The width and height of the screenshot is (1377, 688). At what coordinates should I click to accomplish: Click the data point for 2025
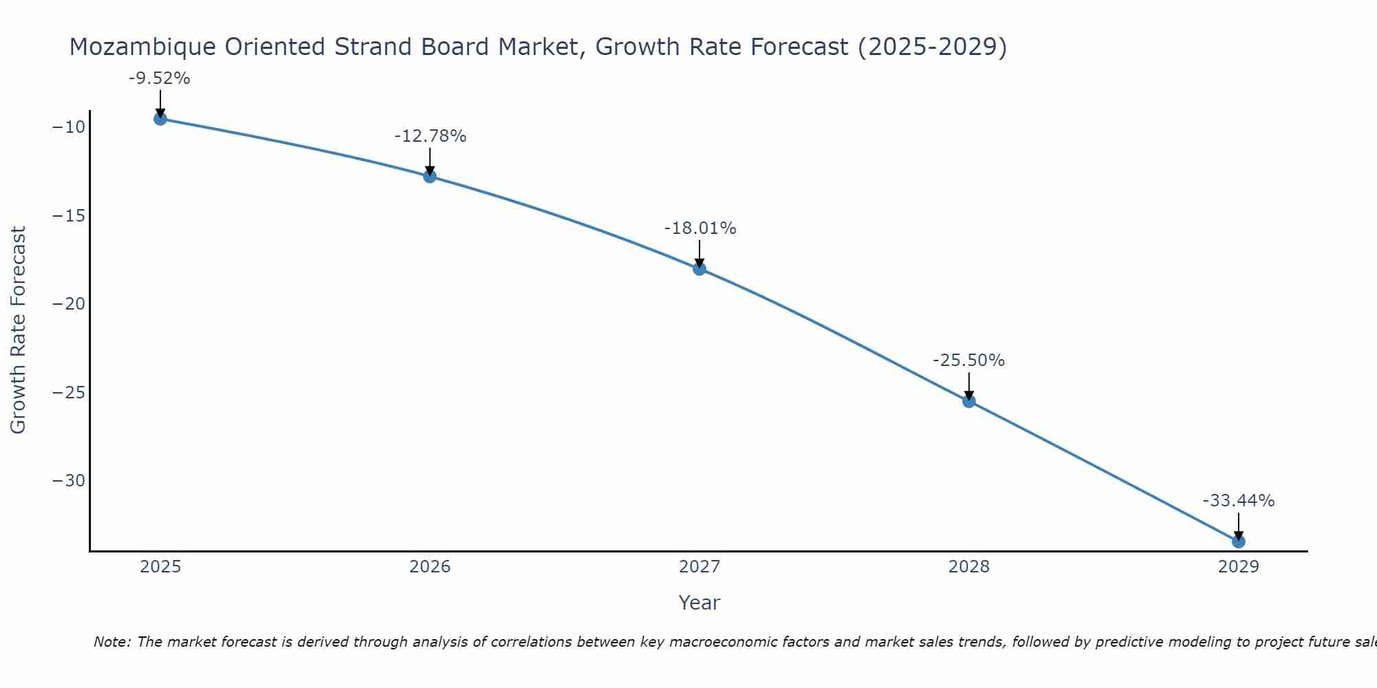tap(160, 119)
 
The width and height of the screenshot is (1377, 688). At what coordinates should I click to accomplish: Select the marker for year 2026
tap(430, 176)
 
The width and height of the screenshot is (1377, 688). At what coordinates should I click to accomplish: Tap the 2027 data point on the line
tap(700, 268)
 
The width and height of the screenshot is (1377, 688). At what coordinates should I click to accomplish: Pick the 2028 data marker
tap(969, 401)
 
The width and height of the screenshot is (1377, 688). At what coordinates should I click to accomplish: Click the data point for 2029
tap(1238, 541)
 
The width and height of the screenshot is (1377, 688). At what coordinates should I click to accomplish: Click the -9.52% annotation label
tap(159, 78)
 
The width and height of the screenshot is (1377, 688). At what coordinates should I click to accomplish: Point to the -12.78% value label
tap(430, 136)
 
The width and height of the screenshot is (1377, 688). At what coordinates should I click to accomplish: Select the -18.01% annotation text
tap(700, 228)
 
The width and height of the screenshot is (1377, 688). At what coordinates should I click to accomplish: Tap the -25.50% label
tap(969, 361)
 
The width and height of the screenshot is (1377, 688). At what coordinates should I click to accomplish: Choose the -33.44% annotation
tap(1239, 501)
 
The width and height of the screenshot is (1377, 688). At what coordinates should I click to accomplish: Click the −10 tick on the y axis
tap(68, 127)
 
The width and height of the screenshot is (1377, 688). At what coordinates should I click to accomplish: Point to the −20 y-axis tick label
tap(68, 304)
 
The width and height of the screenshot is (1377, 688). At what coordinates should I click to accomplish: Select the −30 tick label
tap(68, 481)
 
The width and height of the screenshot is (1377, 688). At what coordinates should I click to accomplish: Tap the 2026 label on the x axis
tap(430, 567)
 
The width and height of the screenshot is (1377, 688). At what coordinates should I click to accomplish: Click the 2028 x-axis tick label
tap(969, 567)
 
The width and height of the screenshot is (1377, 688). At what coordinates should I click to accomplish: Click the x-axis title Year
tap(699, 603)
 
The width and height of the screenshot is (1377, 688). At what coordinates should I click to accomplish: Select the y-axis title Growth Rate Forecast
tap(19, 330)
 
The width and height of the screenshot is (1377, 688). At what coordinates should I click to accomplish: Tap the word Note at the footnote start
tap(111, 642)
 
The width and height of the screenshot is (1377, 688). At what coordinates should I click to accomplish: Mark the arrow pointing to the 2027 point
tap(700, 252)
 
